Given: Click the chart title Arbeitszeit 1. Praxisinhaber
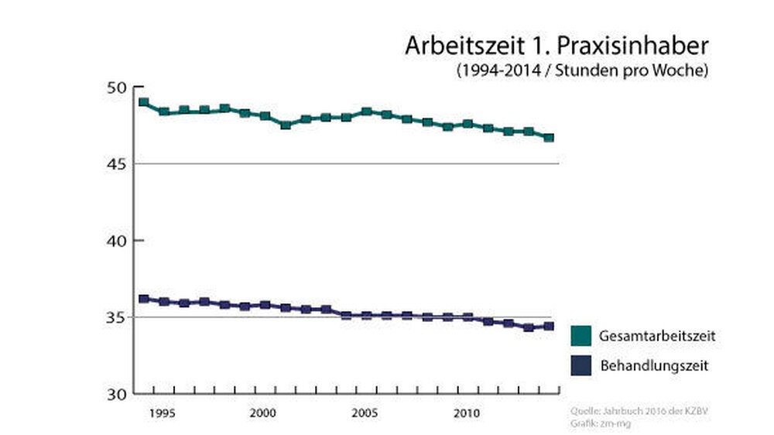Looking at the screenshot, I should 557,46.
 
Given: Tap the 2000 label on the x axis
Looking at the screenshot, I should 264,413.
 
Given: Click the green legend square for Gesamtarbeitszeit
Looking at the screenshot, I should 581,336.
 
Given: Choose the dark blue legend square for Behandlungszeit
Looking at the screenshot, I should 581,365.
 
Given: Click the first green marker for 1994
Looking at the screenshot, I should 144,102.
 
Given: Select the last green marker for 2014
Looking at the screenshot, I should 550,138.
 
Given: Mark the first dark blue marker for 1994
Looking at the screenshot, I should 144,299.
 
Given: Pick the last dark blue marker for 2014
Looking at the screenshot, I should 550,326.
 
